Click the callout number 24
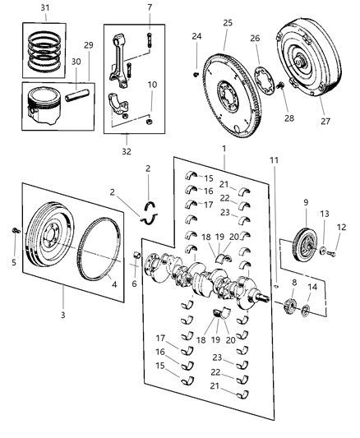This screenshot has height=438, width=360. click(x=196, y=36)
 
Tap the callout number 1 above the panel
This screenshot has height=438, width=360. click(x=223, y=147)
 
